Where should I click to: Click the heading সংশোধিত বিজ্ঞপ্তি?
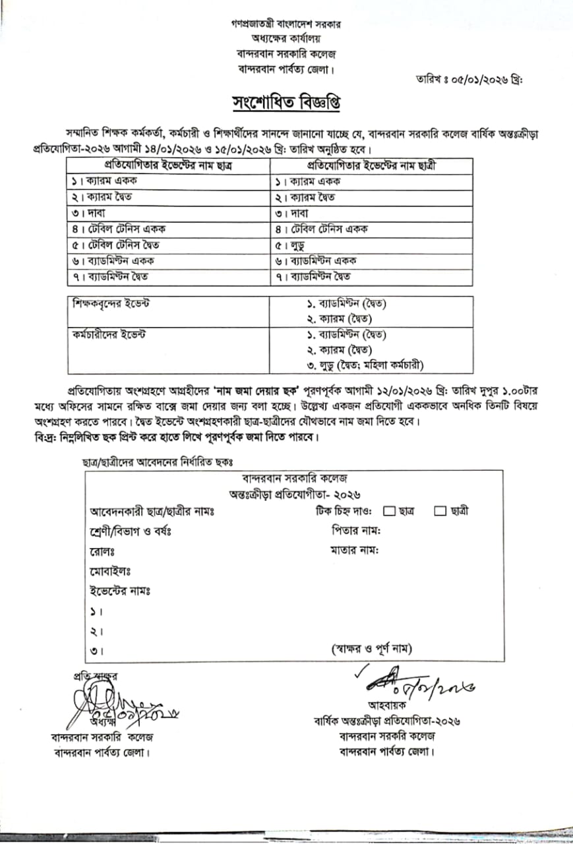click(286, 104)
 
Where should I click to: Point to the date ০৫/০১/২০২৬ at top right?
click(485, 79)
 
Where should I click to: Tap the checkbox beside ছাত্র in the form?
click(389, 510)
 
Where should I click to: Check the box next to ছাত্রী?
click(440, 510)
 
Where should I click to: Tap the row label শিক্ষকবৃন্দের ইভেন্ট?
click(111, 303)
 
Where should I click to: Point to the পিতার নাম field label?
click(356, 531)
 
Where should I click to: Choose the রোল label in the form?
click(102, 551)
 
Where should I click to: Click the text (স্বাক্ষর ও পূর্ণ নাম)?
click(372, 649)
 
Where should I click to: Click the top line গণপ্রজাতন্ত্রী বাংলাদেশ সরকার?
click(286, 24)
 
